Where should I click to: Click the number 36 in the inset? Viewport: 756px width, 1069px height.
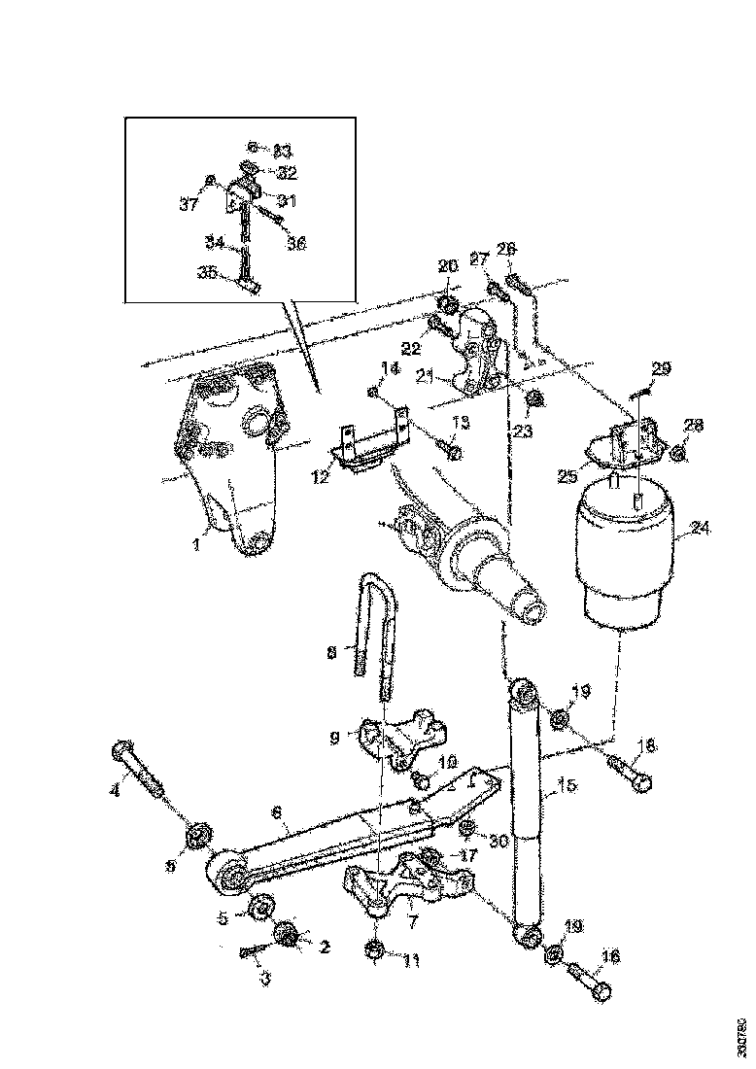(x=296, y=244)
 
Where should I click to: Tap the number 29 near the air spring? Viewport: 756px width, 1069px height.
(x=661, y=368)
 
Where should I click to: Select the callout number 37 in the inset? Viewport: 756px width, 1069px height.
(x=188, y=204)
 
